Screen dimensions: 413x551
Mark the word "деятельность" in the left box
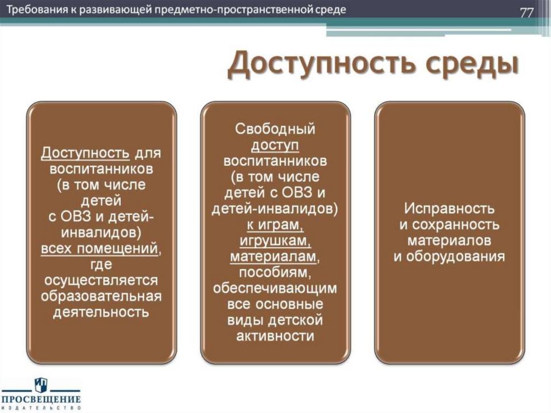pos(101,312)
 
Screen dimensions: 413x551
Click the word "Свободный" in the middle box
pos(275,129)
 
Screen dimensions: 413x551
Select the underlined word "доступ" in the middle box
pos(275,145)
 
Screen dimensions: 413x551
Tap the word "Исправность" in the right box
pos(449,208)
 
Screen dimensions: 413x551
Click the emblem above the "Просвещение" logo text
pos(41,384)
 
